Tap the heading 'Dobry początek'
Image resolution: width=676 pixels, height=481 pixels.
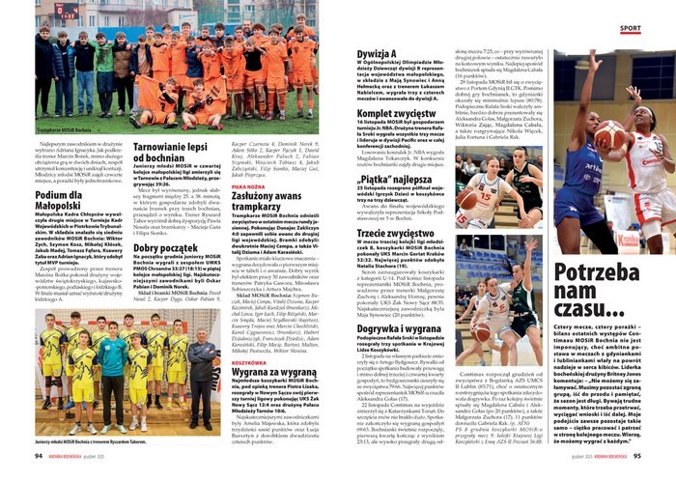click(167, 248)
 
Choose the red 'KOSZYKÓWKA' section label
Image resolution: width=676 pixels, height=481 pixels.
click(248, 362)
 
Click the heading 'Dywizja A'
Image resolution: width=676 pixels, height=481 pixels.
click(377, 54)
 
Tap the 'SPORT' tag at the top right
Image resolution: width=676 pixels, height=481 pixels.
click(630, 30)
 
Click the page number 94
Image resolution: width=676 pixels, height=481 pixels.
click(38, 456)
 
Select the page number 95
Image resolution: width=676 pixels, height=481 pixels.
click(637, 456)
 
